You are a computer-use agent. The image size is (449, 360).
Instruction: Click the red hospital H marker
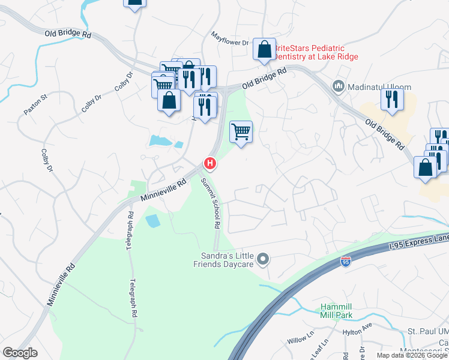tap(209, 163)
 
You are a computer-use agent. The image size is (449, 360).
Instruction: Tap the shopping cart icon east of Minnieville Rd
tap(241, 131)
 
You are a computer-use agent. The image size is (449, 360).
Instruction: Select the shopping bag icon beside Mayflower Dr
tap(264, 50)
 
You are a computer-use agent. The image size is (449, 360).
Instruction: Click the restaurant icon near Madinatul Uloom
tap(391, 99)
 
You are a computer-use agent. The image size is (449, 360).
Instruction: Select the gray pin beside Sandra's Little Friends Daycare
tap(262, 259)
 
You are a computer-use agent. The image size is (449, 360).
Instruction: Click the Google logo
tap(20, 353)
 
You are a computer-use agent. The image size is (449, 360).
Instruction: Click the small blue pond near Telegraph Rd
tap(153, 220)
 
